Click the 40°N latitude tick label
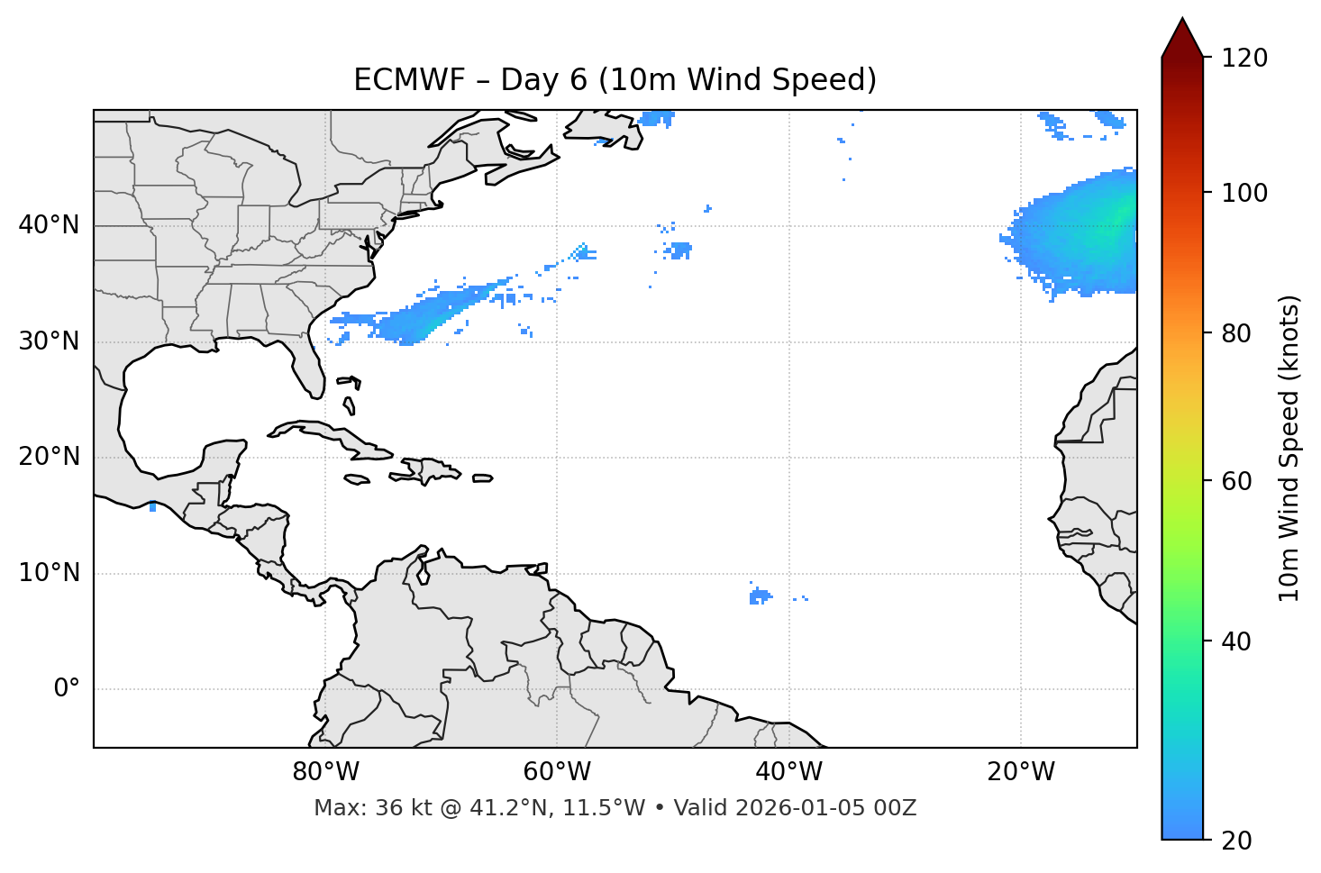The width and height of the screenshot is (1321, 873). [x=49, y=225]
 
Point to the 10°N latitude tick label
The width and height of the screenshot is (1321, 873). [x=49, y=573]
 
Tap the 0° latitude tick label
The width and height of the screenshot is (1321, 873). [x=66, y=689]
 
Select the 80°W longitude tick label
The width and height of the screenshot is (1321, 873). [x=325, y=772]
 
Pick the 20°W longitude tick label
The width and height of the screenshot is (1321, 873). [x=1021, y=772]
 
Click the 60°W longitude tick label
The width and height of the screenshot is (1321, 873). [x=556, y=772]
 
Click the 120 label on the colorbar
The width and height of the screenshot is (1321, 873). [x=1244, y=59]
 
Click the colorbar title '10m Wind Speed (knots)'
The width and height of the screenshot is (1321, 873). [x=1289, y=448]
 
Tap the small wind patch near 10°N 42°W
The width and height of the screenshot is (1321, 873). [x=759, y=596]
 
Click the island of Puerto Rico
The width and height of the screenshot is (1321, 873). [x=483, y=478]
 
